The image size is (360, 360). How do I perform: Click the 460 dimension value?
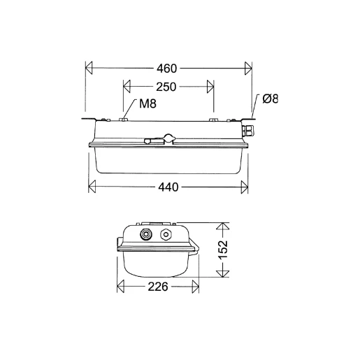168,69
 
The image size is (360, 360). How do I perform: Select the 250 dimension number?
166,87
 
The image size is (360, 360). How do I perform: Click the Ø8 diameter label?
271,99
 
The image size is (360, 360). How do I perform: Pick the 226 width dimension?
158,287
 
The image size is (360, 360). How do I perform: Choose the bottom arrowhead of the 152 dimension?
222,273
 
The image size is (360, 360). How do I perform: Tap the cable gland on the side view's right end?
247,130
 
